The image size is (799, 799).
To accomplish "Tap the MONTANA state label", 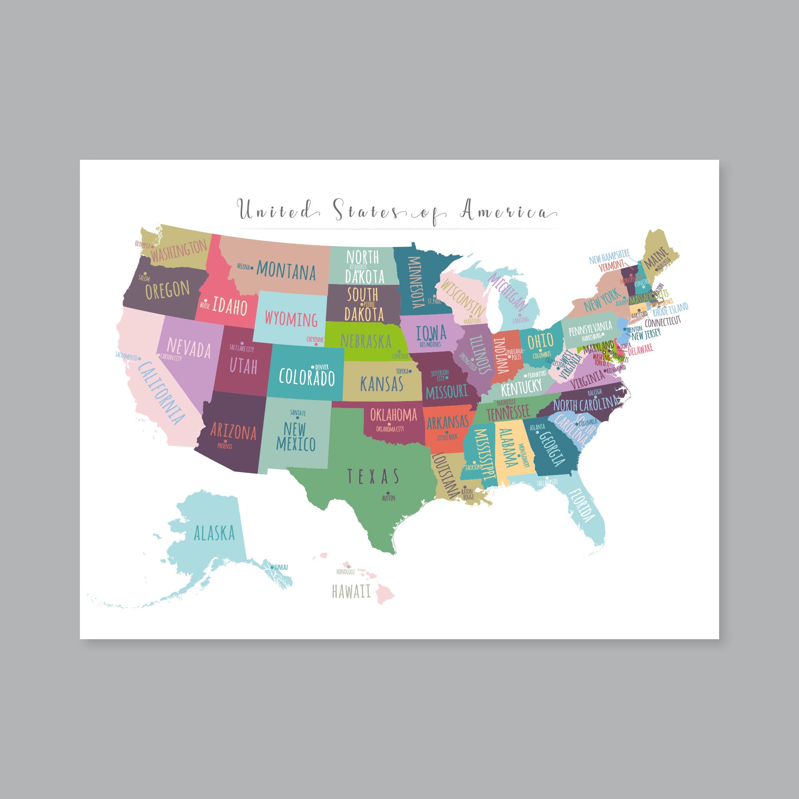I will point(286,271).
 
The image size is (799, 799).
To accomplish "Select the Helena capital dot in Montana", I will point(252,267).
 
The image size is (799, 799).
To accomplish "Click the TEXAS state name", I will point(373,477).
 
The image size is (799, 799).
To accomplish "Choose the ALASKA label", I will point(214,533).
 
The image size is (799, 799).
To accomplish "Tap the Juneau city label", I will point(281,567).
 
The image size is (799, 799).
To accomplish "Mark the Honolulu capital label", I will point(345,572).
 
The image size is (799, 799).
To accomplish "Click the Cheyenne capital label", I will point(315,339).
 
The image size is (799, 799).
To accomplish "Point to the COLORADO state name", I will point(306,377).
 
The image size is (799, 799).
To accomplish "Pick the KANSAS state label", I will point(381,384).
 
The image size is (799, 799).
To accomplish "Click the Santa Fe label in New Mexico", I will point(298,412).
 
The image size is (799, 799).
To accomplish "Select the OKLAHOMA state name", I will point(393,414).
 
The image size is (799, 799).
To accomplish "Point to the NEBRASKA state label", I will point(366,341).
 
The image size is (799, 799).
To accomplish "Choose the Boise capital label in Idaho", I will point(205,306).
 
